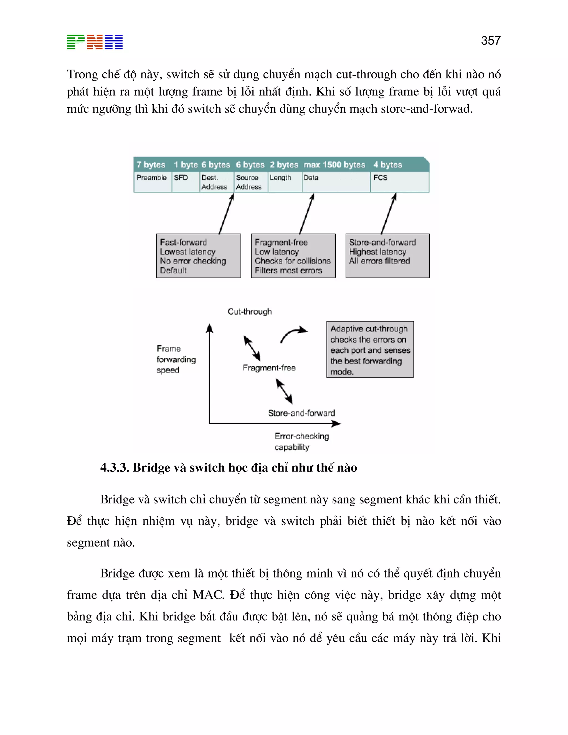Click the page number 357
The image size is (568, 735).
coord(491,41)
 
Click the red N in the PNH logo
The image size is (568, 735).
coord(95,42)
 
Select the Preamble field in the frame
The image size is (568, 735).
coord(152,182)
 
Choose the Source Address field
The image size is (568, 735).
coord(250,182)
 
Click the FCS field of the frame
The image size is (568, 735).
coord(399,182)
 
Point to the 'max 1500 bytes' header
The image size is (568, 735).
coord(334,164)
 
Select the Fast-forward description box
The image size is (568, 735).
coord(199,256)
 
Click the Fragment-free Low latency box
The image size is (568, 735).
coord(293,256)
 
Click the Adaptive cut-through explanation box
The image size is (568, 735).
coord(370,349)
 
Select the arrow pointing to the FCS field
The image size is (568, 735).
coord(389,213)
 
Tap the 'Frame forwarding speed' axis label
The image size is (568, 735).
coord(176,359)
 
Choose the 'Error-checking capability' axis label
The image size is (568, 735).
coord(301,441)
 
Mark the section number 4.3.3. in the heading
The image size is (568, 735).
coord(115,467)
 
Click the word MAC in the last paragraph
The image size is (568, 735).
coord(208,595)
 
